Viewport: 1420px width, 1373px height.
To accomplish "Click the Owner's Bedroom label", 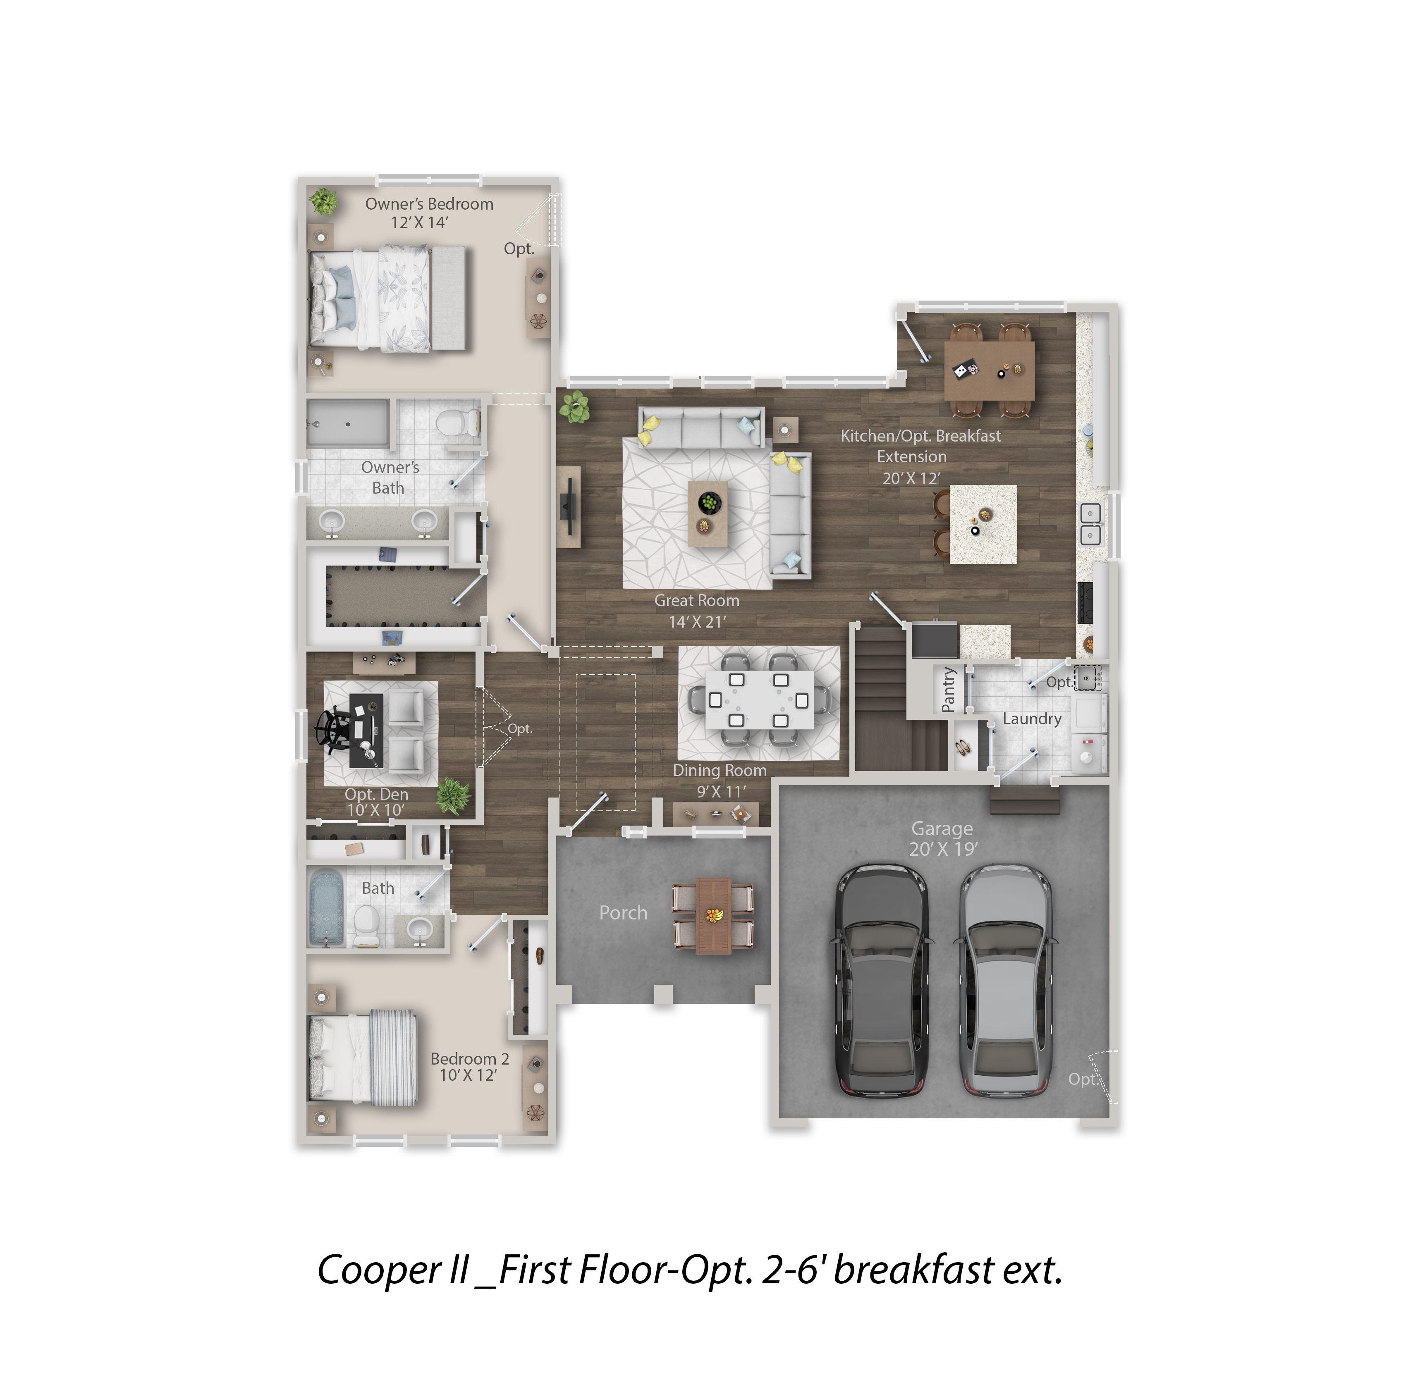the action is point(429,204).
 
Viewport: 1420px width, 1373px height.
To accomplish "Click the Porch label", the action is point(623,913).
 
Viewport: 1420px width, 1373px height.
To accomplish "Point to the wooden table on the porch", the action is point(714,916).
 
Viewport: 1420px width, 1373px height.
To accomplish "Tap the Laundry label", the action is point(1033,719).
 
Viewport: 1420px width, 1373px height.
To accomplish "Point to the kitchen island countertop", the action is point(983,524).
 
